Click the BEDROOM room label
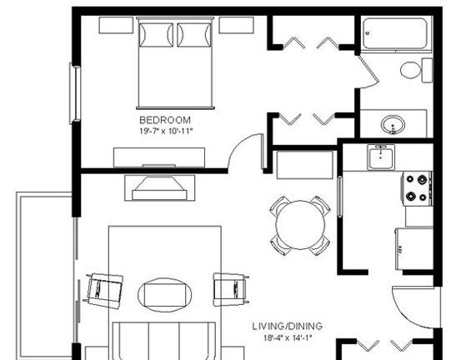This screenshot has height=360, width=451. (165, 120)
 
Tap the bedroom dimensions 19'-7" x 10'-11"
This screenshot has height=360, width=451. (166, 131)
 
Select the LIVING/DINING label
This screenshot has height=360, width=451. (288, 326)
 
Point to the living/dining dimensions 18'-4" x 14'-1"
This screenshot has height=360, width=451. (288, 337)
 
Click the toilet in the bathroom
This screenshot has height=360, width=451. (416, 70)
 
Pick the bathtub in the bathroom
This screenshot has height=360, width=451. (394, 34)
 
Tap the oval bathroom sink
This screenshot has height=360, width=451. (393, 124)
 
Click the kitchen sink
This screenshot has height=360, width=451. (381, 157)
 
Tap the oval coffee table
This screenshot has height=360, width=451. (165, 295)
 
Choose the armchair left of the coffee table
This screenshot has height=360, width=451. (104, 291)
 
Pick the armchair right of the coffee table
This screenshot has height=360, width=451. (231, 289)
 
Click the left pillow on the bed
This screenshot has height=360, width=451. (156, 35)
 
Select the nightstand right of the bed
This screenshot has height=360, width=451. (236, 25)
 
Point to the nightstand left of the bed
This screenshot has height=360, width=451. (116, 25)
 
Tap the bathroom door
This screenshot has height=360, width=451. (369, 72)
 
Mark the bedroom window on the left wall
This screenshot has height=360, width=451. (75, 93)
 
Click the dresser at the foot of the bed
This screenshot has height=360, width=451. (159, 157)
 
